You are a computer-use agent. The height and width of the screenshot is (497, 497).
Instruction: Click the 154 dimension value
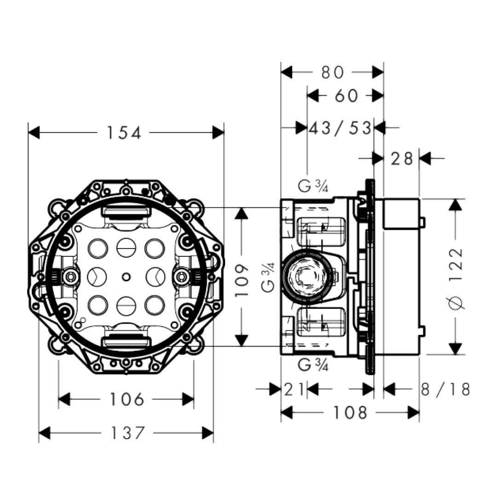click(123, 133)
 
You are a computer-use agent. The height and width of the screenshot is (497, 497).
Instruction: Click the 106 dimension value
click(127, 399)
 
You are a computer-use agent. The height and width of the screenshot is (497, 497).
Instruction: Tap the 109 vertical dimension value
click(242, 277)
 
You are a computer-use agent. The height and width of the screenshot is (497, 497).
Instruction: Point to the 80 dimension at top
click(332, 72)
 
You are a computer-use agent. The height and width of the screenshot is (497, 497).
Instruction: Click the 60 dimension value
click(346, 96)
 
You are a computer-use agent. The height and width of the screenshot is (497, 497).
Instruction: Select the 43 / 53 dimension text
click(340, 128)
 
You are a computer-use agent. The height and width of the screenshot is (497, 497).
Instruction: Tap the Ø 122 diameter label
click(456, 277)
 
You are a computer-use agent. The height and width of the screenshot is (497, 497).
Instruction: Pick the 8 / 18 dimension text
click(445, 390)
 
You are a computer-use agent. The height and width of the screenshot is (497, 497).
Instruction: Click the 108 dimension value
click(350, 413)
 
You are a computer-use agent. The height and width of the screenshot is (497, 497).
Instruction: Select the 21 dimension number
click(294, 390)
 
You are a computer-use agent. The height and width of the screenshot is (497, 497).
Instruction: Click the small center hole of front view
click(126, 277)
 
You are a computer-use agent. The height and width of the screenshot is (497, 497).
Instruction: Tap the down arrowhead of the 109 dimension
click(242, 341)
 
